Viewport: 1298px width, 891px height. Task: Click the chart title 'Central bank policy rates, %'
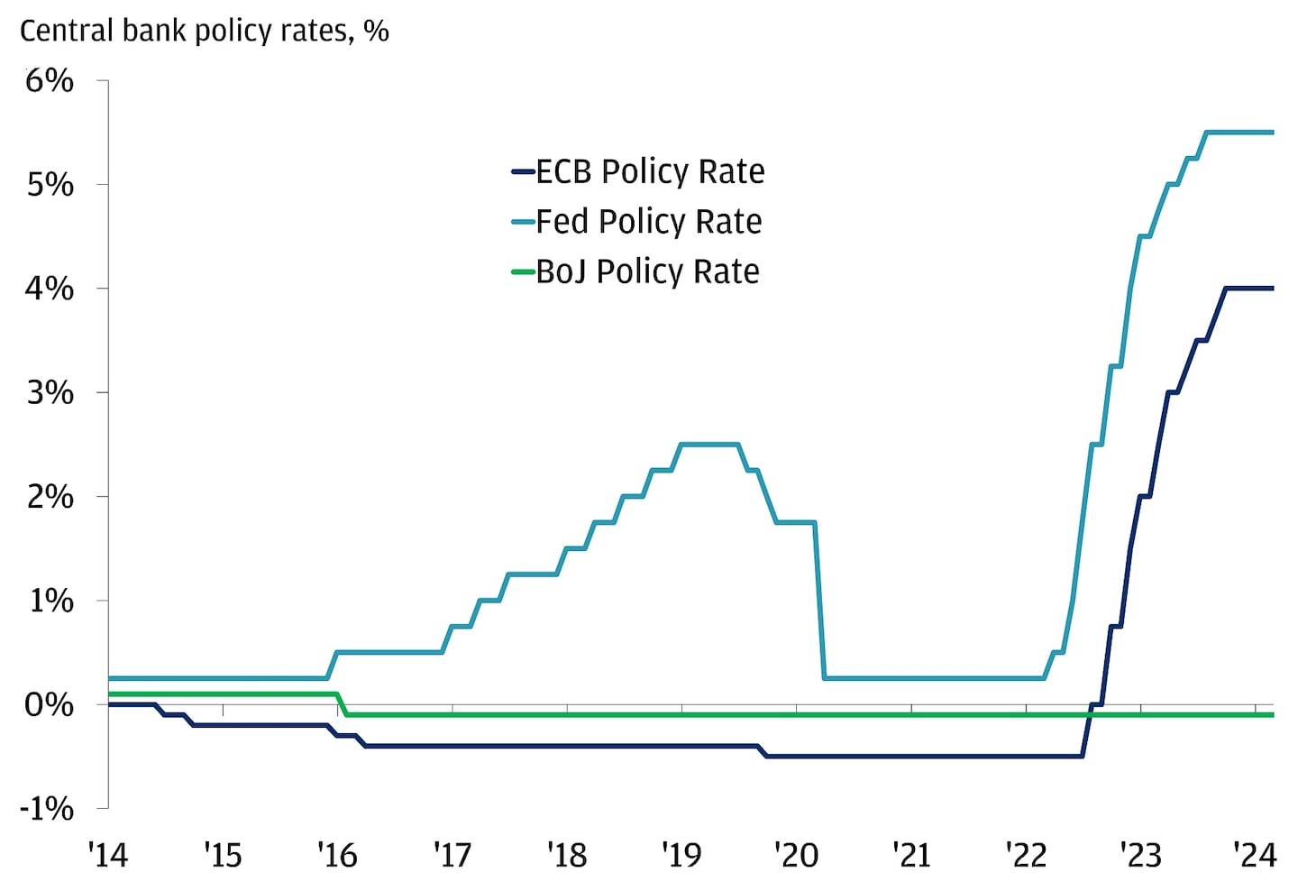point(205,32)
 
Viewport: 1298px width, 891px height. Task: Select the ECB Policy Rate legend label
point(649,171)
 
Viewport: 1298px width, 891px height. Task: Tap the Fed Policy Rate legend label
point(648,222)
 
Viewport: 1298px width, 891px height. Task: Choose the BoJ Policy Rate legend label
point(647,271)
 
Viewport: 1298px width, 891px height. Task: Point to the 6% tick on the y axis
point(50,81)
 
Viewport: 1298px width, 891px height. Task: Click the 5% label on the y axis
point(50,185)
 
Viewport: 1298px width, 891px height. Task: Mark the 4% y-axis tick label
point(50,289)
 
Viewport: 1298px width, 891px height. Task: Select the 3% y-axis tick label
point(50,392)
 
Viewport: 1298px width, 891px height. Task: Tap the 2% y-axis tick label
point(50,497)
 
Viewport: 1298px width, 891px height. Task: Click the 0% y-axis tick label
point(50,704)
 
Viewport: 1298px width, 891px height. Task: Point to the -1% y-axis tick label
point(47,808)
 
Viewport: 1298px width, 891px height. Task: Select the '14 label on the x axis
point(108,854)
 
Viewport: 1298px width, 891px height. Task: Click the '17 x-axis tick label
point(452,854)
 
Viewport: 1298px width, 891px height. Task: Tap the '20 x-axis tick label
point(797,854)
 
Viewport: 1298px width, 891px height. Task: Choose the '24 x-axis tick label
point(1255,854)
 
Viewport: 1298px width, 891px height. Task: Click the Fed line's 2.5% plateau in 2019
point(709,444)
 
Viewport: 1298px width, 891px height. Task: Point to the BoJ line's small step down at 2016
point(342,704)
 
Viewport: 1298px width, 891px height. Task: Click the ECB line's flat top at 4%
point(1248,289)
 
